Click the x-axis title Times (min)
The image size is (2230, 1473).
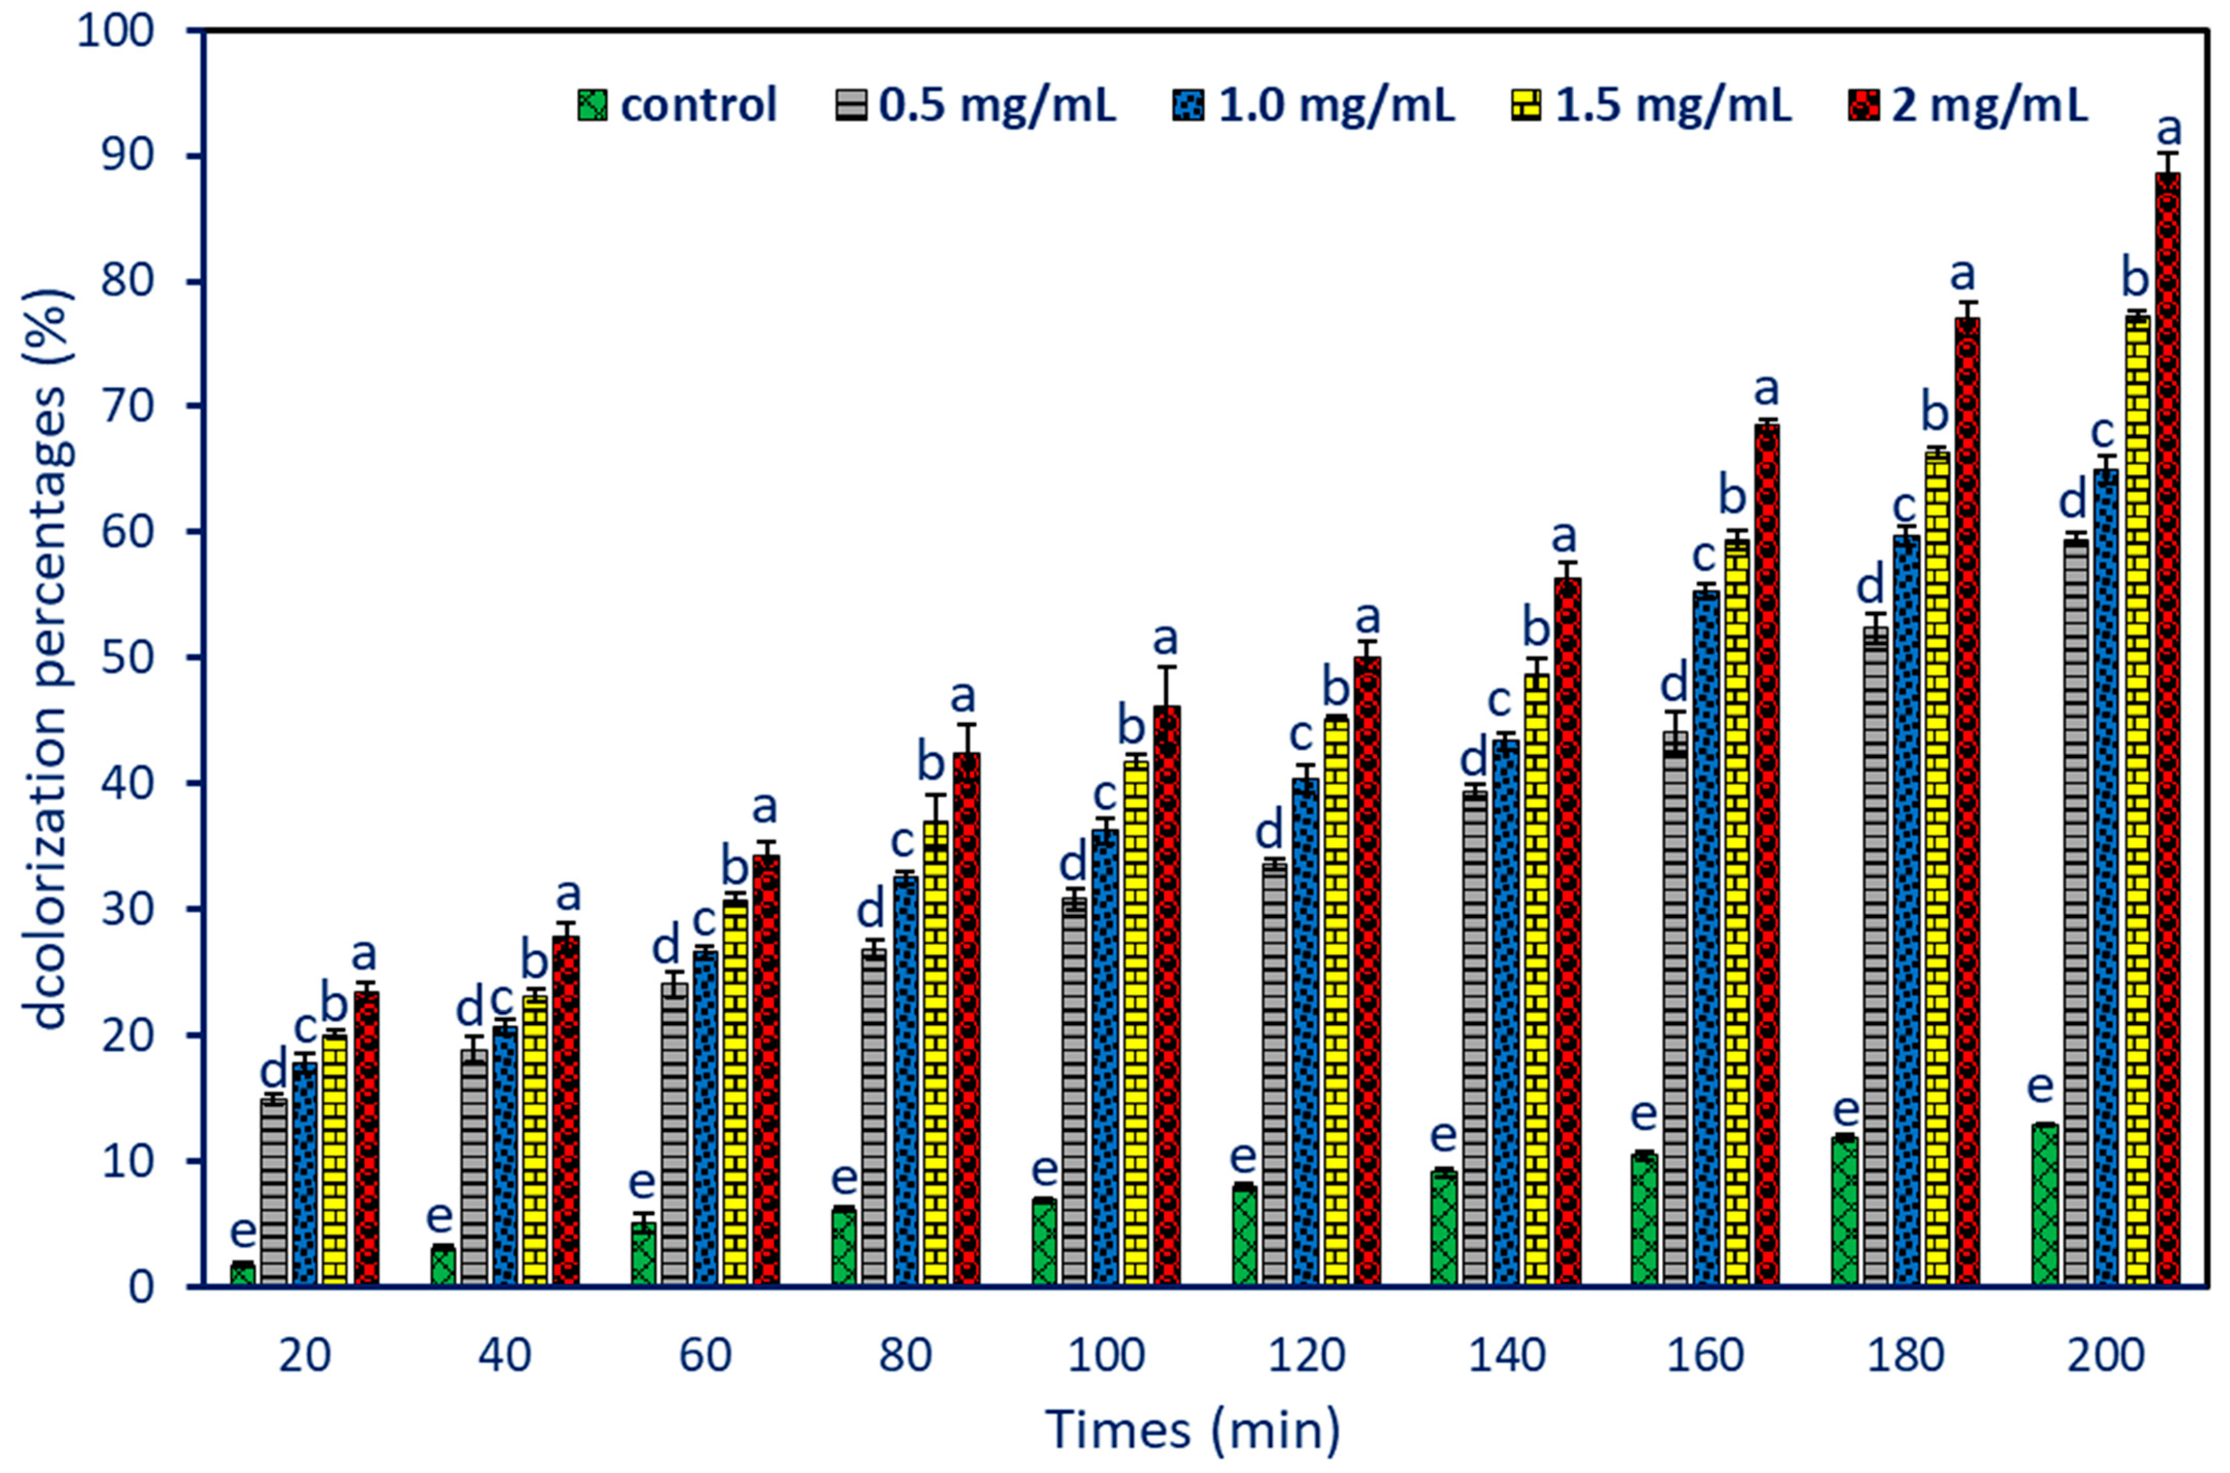(1193, 1430)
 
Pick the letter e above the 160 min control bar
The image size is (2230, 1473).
(1643, 1114)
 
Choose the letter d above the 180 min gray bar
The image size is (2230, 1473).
(1871, 587)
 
